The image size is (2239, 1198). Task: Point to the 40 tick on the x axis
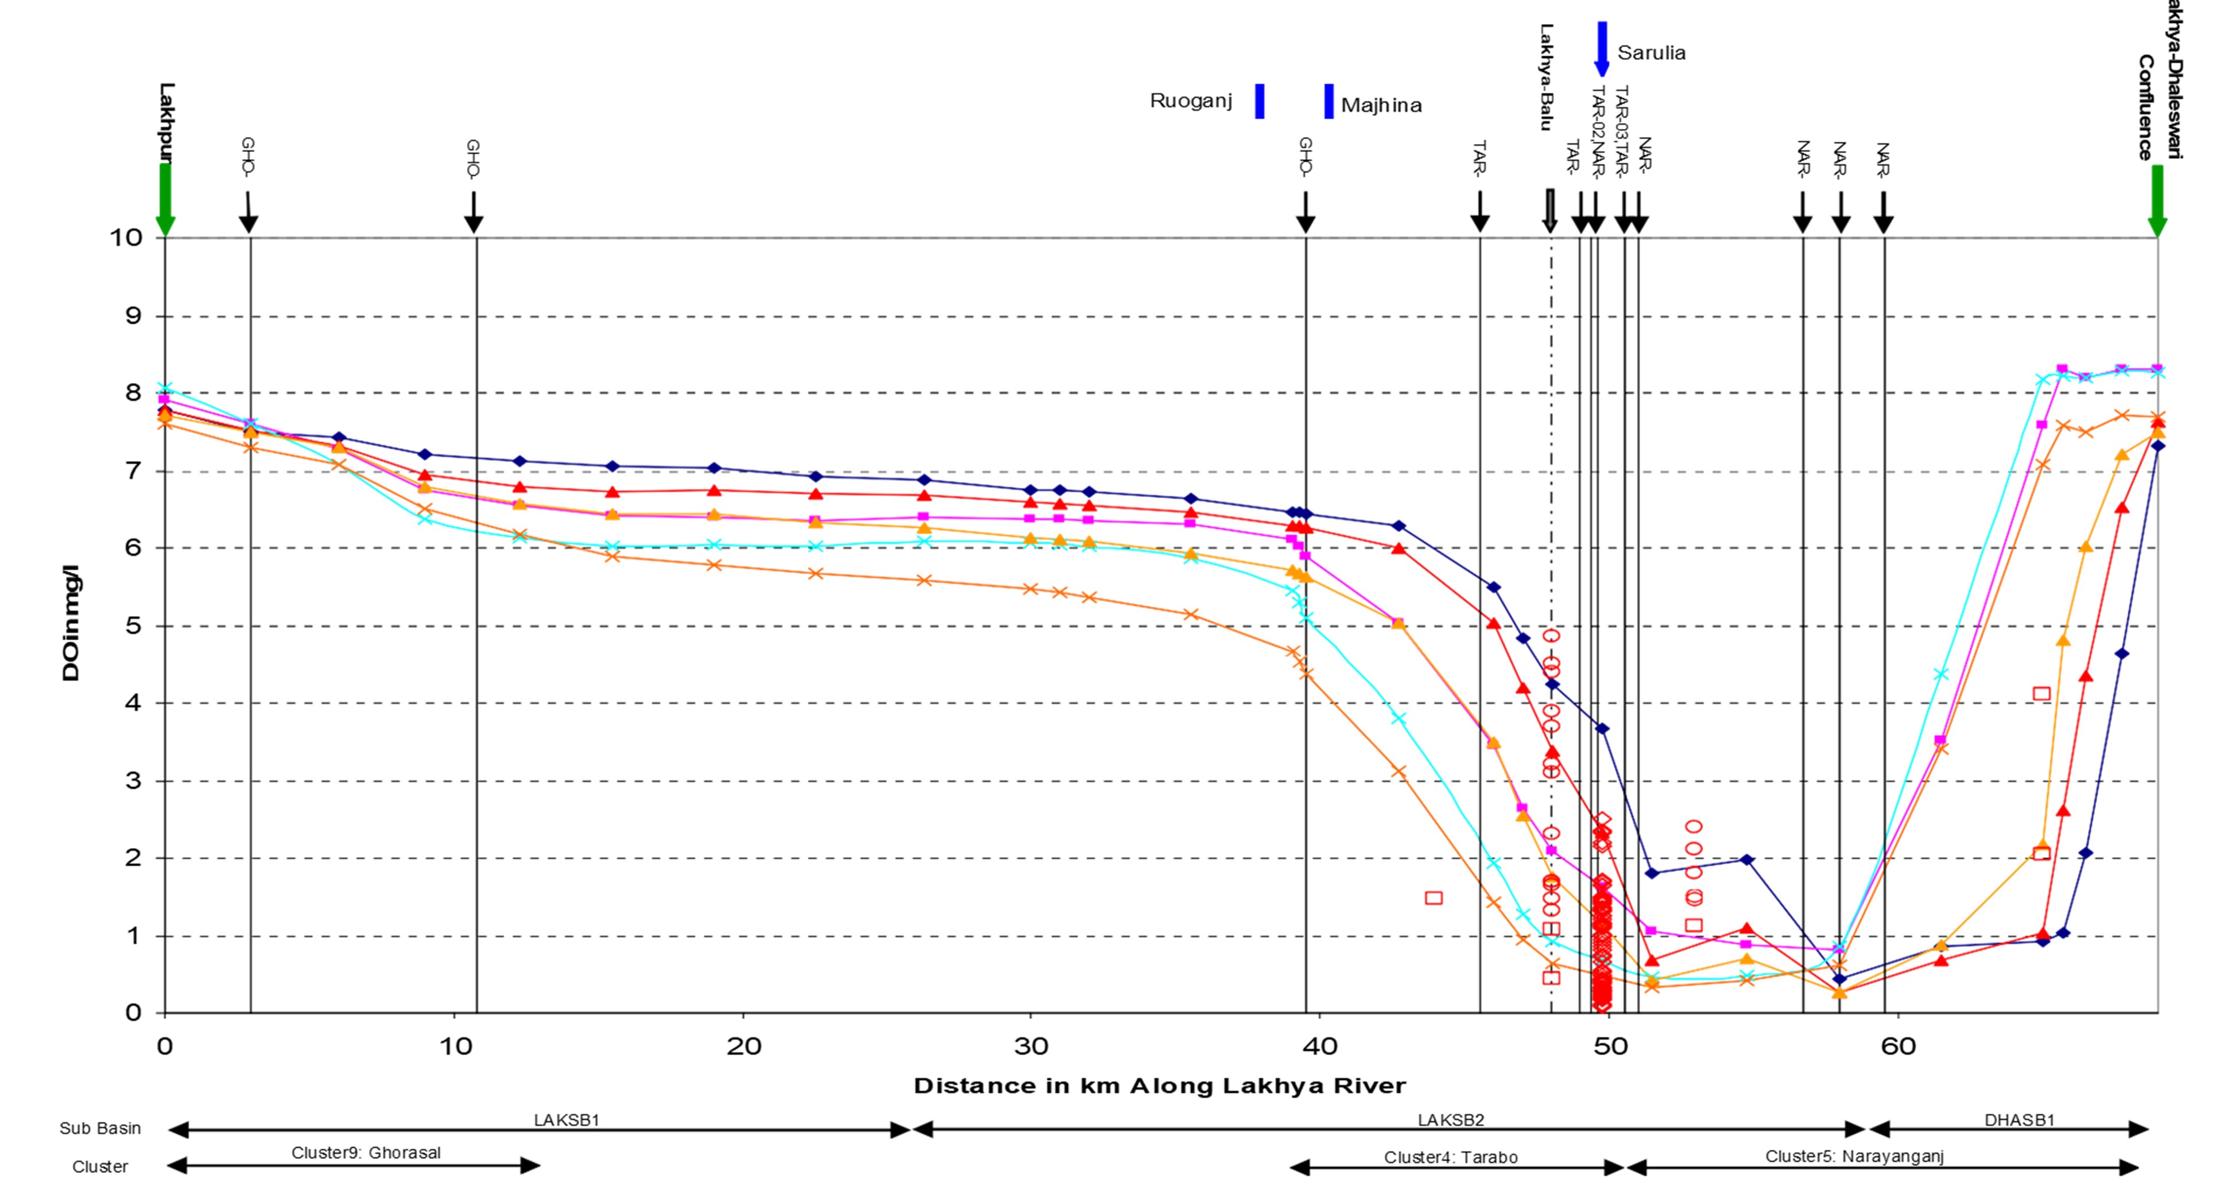pyautogui.click(x=1319, y=1046)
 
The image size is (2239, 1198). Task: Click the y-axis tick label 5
pyautogui.click(x=133, y=625)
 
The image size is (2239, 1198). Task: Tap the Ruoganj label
pyautogui.click(x=1191, y=101)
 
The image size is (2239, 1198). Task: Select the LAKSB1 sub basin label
pyautogui.click(x=567, y=1120)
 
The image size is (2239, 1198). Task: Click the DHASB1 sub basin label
pyautogui.click(x=2019, y=1120)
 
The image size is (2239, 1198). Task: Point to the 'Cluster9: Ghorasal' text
pyautogui.click(x=366, y=1153)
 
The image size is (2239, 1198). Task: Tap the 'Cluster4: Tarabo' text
pyautogui.click(x=1451, y=1157)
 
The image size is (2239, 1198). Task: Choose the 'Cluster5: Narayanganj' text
pyautogui.click(x=1854, y=1156)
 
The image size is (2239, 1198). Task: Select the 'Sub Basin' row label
pyautogui.click(x=100, y=1129)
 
